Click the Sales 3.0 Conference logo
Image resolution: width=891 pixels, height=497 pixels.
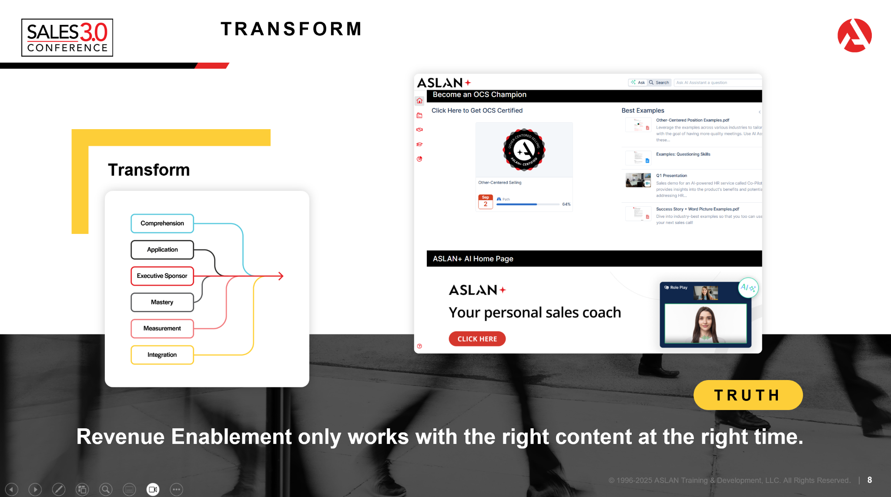tap(67, 37)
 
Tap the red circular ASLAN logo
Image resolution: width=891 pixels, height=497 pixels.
tap(854, 35)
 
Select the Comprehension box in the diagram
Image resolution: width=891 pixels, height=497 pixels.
tap(162, 223)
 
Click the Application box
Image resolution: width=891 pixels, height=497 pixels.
tap(162, 250)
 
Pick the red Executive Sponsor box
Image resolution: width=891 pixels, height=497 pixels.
tap(162, 276)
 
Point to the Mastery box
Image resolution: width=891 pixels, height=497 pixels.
tap(162, 302)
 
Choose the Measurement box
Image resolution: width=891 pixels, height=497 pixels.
tap(162, 329)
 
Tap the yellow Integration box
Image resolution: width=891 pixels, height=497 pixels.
tap(162, 355)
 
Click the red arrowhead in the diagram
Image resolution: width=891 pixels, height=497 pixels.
tap(281, 276)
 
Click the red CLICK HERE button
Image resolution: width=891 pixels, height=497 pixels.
tap(477, 339)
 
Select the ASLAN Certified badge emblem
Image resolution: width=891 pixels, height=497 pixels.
tap(524, 150)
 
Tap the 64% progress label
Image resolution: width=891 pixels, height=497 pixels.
tap(566, 204)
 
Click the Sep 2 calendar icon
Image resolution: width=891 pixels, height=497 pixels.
tap(486, 202)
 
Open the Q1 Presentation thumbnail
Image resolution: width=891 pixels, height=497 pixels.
tap(638, 180)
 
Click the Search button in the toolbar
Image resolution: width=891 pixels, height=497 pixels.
tap(659, 83)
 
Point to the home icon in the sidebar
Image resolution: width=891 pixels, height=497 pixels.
tap(419, 101)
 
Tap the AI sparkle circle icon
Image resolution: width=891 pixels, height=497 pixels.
tap(748, 287)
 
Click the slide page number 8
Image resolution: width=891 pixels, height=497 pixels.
tap(869, 480)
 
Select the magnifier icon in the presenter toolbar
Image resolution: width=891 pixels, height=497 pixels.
tap(106, 490)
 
